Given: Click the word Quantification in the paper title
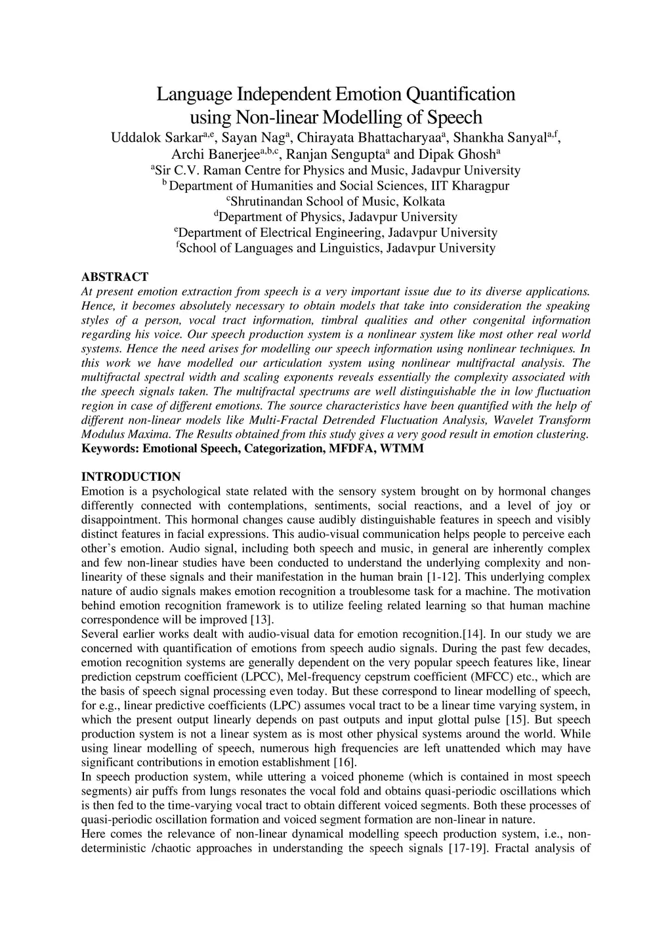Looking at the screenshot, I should [461, 94].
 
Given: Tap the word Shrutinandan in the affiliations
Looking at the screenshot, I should [268, 201].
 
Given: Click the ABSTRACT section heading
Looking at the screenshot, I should [115, 277].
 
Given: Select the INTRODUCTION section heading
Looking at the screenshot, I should [131, 477].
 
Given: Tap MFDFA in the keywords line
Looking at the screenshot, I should [352, 449].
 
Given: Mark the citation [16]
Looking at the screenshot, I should [345, 762].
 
